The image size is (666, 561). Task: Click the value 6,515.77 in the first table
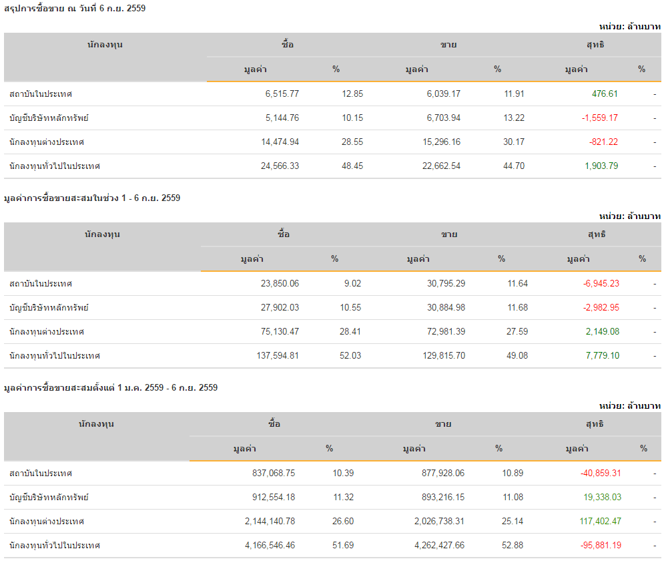coord(282,94)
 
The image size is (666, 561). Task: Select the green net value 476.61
coord(605,94)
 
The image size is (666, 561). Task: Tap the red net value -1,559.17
coord(599,118)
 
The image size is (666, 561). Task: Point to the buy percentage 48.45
coord(352,166)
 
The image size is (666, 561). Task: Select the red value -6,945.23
coord(601,284)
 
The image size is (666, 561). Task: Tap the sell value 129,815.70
coord(436,356)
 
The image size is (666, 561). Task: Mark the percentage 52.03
coord(350,356)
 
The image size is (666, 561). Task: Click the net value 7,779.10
coord(601,356)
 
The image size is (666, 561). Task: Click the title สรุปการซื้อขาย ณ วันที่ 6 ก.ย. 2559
coord(75,9)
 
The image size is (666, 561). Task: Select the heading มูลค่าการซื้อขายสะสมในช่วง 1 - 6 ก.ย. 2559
coord(92,198)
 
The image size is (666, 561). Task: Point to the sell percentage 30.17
coord(514,142)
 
